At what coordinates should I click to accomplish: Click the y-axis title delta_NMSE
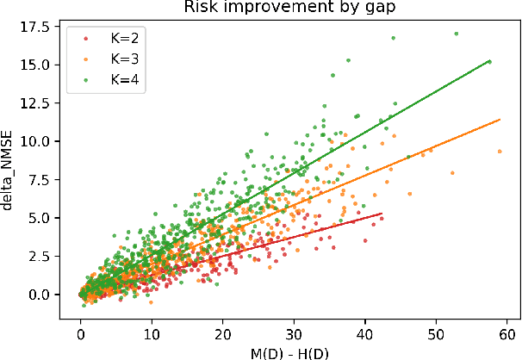click(x=11, y=172)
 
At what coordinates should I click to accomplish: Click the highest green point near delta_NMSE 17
click(x=456, y=34)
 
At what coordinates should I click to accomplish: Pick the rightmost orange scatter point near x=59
click(x=500, y=151)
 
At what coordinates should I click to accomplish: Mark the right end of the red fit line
click(x=381, y=213)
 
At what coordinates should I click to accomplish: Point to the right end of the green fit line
click(x=490, y=61)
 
